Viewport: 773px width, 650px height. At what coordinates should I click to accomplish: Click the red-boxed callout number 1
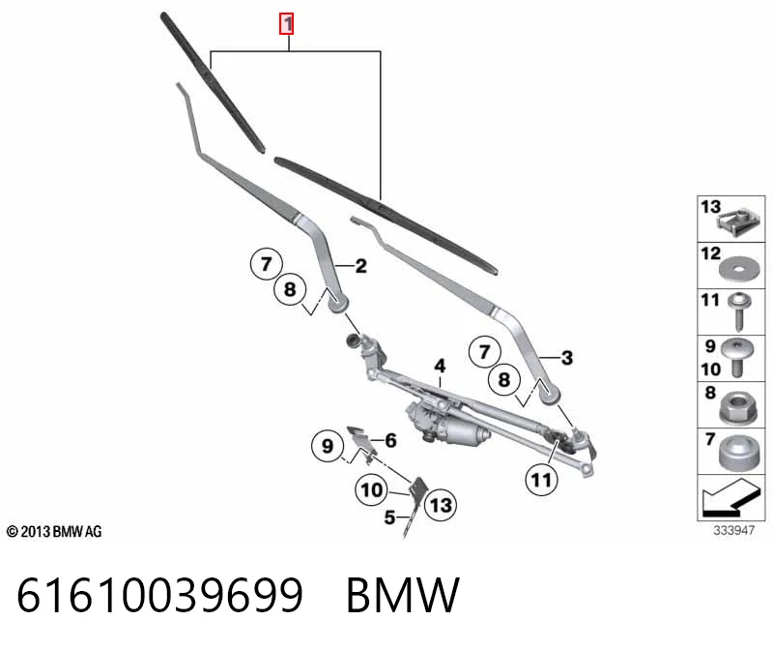pos(286,24)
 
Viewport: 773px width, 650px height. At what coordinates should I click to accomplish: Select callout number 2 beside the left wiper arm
pos(361,266)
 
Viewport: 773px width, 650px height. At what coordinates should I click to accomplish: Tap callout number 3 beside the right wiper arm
pos(567,358)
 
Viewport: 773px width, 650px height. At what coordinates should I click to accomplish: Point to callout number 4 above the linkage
pos(440,366)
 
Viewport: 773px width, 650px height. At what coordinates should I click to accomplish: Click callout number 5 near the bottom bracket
pos(389,517)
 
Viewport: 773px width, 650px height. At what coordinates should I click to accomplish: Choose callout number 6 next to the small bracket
pos(391,440)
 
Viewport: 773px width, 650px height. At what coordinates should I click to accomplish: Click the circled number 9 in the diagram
pos(328,446)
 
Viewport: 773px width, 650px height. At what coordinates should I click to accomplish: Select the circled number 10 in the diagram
pos(372,490)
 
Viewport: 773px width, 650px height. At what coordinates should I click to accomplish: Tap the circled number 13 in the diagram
pos(441,505)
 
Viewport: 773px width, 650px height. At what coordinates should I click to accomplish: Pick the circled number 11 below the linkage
pos(541,480)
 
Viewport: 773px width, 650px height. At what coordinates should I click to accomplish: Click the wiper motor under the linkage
pos(446,425)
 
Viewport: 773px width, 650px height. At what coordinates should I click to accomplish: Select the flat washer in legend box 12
pos(739,269)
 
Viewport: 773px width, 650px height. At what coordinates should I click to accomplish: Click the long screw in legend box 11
pos(739,310)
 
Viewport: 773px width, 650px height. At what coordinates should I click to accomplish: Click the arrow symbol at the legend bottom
pos(729,498)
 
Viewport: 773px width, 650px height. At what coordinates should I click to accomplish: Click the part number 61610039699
pos(159,595)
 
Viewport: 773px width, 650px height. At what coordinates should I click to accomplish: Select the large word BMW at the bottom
pos(403,595)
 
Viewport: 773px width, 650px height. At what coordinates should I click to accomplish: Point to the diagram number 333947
pos(733,531)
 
